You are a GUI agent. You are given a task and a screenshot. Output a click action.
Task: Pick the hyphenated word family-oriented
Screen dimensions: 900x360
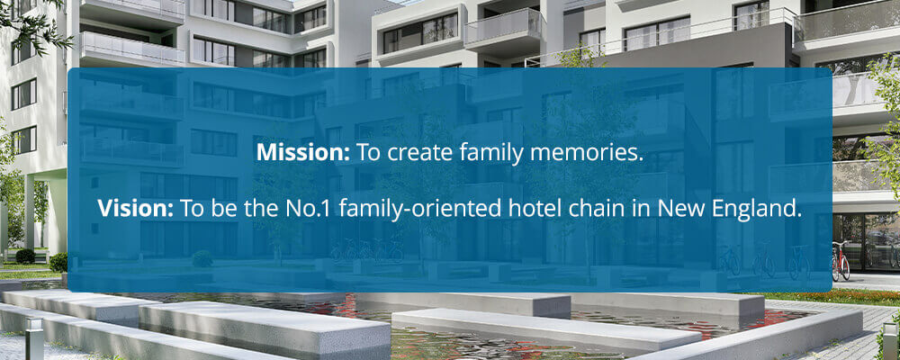420,210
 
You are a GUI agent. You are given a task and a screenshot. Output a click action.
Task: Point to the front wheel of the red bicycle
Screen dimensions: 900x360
844,267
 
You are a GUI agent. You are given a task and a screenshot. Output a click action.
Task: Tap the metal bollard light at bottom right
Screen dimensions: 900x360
890,341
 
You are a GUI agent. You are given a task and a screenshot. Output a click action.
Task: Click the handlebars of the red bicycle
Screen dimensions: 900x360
840,243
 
